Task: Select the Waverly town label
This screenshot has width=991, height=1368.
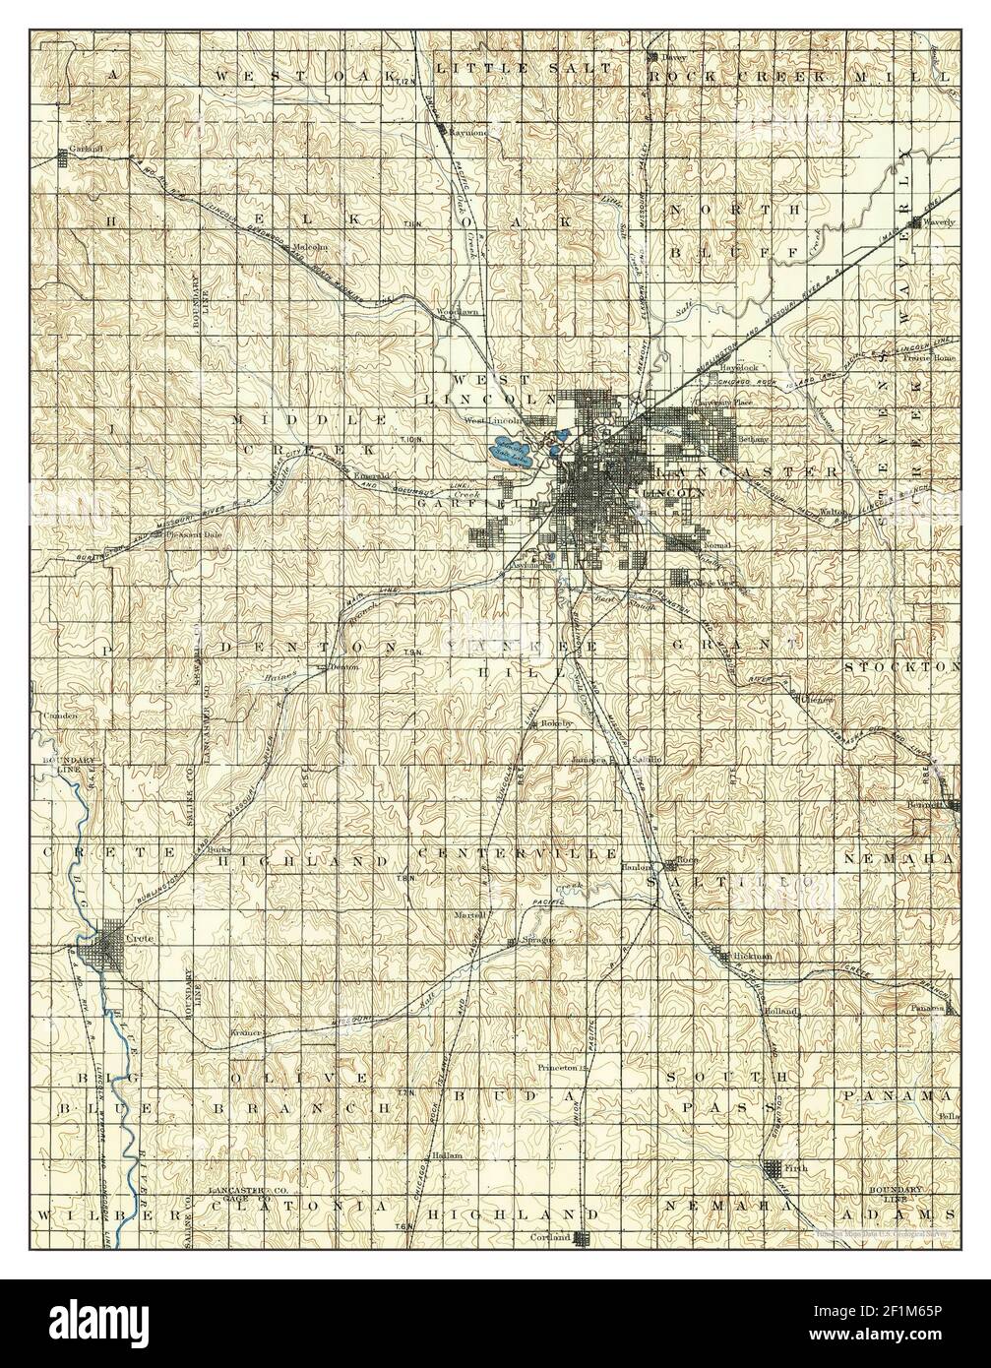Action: (x=940, y=222)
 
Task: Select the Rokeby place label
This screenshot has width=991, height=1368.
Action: (x=555, y=723)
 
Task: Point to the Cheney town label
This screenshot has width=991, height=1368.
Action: (x=819, y=700)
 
